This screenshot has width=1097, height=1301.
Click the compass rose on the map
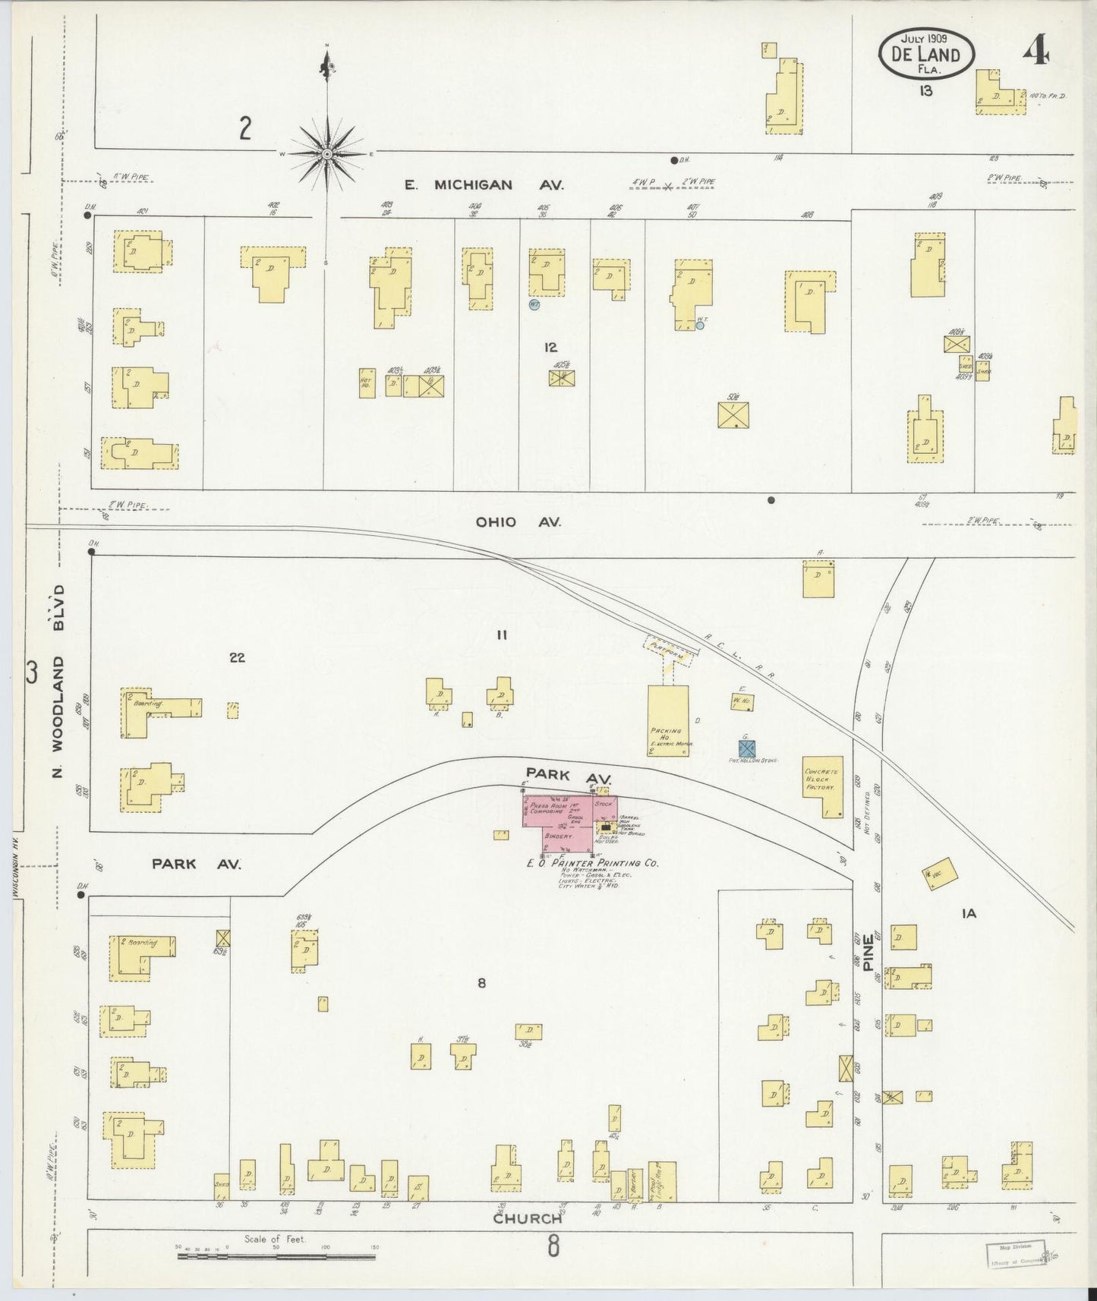[326, 154]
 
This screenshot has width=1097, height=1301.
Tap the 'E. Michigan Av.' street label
[468, 184]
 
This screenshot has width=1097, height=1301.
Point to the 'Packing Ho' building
[667, 720]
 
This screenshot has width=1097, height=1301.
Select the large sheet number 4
[1036, 52]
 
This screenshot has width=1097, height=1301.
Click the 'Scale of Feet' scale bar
[276, 1256]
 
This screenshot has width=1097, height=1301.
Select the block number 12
[550, 347]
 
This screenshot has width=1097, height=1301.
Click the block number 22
[237, 657]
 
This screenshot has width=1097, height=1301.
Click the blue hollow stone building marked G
[747, 748]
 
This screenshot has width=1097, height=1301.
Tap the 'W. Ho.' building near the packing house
[742, 702]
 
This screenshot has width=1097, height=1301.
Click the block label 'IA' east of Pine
[969, 914]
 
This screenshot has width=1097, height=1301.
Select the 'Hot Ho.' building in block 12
[367, 383]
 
